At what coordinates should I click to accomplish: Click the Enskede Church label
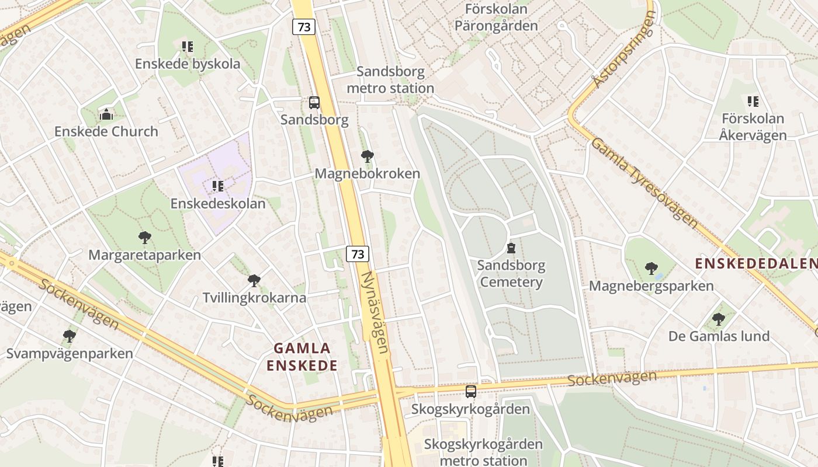(x=106, y=131)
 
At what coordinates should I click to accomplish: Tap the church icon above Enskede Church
(x=106, y=114)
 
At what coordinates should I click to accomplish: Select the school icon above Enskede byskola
(x=187, y=46)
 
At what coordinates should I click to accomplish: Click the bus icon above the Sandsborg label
(x=314, y=103)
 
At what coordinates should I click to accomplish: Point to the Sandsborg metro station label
(x=390, y=80)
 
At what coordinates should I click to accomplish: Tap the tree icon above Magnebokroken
(x=367, y=156)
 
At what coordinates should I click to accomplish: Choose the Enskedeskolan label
(x=218, y=204)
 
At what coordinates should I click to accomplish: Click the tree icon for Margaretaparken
(x=145, y=238)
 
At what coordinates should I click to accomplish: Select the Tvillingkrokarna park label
(x=254, y=298)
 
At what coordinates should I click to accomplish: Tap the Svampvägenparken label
(x=70, y=354)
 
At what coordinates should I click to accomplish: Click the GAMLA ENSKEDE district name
(x=302, y=357)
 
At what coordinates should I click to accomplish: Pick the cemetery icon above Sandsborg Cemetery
(x=511, y=248)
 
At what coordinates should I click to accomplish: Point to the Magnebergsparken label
(x=651, y=286)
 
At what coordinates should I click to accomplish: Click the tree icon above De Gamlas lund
(x=719, y=319)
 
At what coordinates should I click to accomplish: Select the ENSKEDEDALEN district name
(x=755, y=263)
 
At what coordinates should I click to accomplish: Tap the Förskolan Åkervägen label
(x=753, y=127)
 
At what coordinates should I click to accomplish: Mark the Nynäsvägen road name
(x=375, y=312)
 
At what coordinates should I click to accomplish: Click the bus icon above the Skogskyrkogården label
(x=470, y=391)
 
